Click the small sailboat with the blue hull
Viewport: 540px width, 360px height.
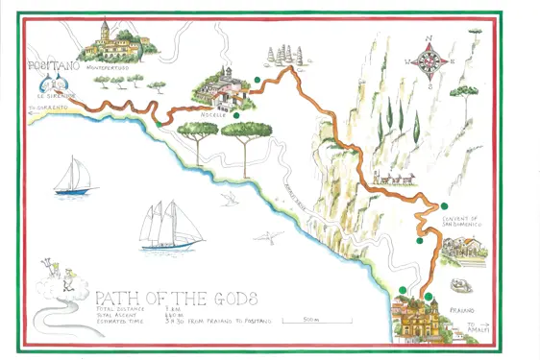74,179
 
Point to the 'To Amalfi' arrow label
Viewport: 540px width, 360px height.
468,328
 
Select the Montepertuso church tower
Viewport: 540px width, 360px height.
105,30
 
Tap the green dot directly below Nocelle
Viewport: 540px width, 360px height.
235,115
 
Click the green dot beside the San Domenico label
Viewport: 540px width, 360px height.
444,206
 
